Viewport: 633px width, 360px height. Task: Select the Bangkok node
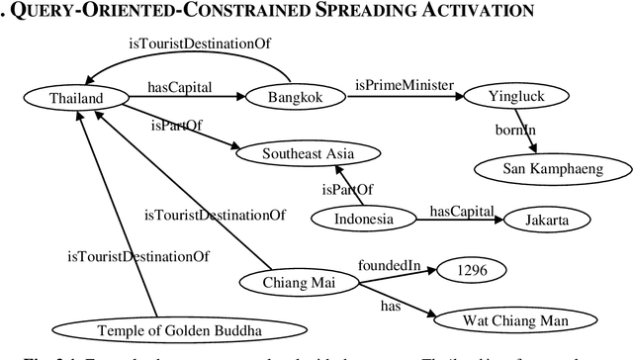[x=292, y=97]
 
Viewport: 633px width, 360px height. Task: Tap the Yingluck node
[x=515, y=97]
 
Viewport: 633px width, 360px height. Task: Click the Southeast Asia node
[x=307, y=154]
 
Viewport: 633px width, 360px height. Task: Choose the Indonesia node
[x=364, y=220]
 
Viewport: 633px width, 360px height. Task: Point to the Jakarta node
[x=549, y=220]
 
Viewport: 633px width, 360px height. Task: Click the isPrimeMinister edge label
[x=403, y=86]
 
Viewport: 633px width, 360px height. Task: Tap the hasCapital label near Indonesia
[x=460, y=211]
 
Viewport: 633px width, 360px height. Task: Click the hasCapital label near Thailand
[x=180, y=86]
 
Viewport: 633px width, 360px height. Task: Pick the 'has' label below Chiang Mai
[x=391, y=307]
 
